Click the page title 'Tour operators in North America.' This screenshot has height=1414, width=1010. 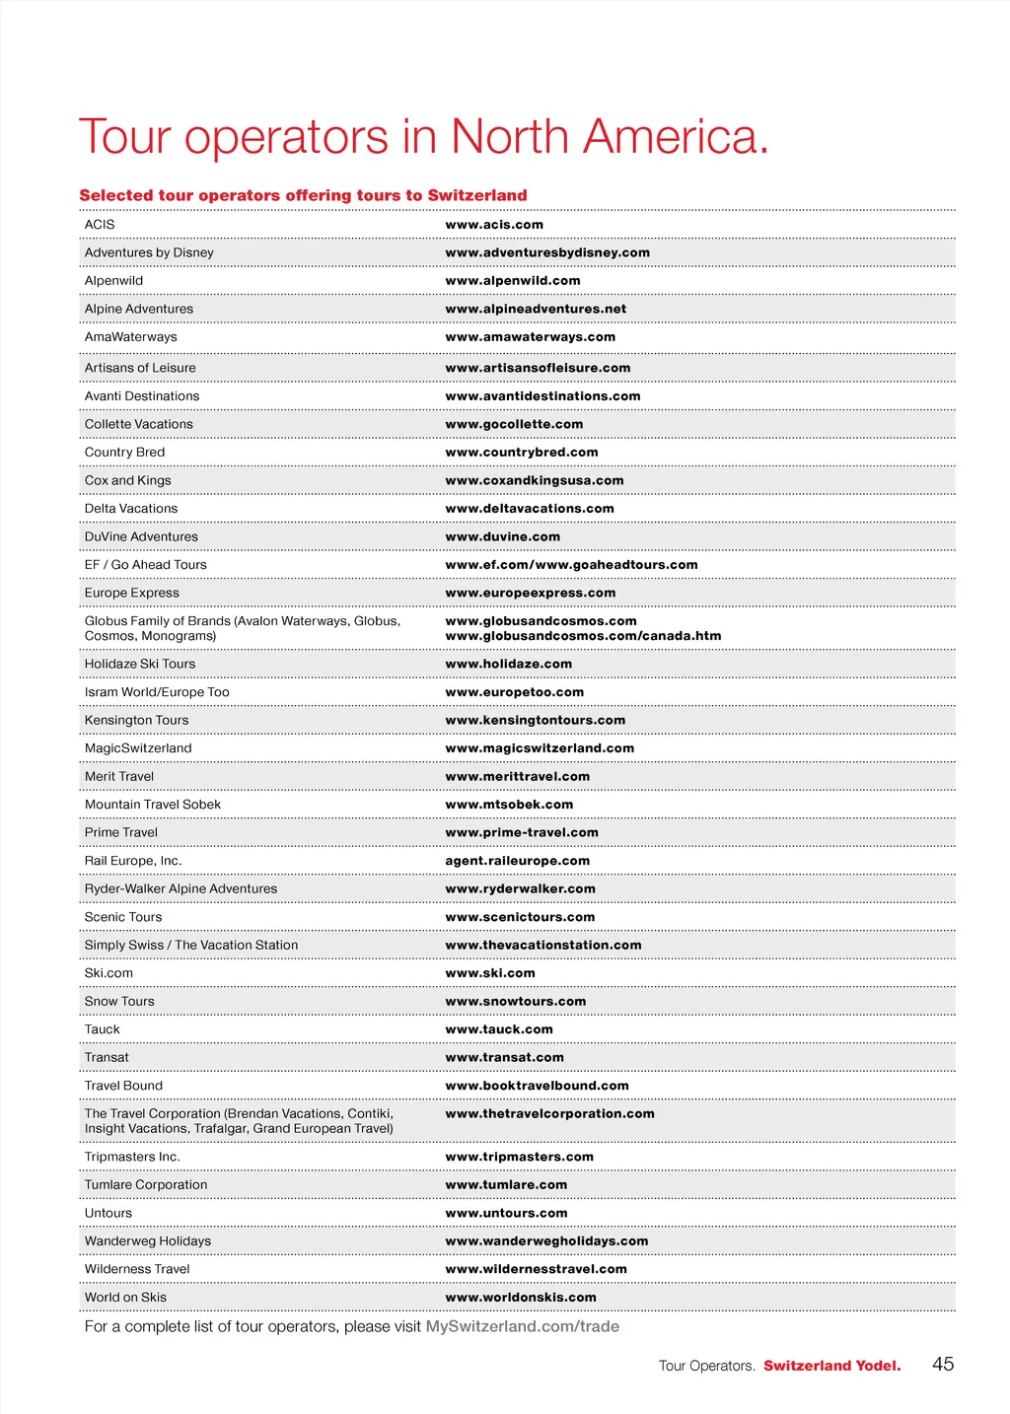click(423, 137)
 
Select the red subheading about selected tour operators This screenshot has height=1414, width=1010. click(303, 195)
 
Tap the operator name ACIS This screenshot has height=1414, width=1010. click(100, 225)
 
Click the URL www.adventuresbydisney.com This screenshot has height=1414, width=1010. click(547, 252)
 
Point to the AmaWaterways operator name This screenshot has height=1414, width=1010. click(131, 337)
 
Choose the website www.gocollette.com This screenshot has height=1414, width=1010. click(514, 424)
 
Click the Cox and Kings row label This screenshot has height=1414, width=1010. click(128, 480)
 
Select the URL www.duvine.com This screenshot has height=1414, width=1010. click(502, 536)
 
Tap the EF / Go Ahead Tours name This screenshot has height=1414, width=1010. click(146, 565)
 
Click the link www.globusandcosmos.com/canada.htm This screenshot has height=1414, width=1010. click(583, 636)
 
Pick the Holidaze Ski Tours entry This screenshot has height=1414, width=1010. click(140, 664)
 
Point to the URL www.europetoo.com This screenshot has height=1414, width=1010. click(514, 692)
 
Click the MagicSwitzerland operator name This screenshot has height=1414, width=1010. click(138, 748)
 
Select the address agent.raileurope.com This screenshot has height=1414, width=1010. click(517, 861)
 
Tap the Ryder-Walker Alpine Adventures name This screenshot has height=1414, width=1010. click(180, 888)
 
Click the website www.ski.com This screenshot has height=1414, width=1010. click(490, 973)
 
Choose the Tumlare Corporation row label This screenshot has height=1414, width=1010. click(146, 1185)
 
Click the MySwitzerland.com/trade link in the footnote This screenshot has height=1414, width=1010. click(522, 1326)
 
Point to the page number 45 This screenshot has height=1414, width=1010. click(943, 1364)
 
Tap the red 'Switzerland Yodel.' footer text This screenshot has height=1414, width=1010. click(831, 1366)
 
